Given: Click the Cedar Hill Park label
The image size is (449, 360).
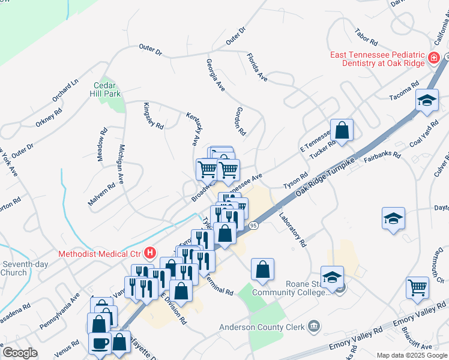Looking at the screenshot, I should click(x=106, y=89).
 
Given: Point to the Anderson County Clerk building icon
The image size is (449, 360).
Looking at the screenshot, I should click(x=313, y=327).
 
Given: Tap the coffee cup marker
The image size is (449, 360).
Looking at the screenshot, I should click(x=100, y=343).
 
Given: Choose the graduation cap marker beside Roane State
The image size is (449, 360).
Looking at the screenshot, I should click(x=332, y=277).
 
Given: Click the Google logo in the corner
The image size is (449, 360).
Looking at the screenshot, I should click(x=20, y=353).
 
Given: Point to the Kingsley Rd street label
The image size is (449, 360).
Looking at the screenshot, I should click(x=153, y=116).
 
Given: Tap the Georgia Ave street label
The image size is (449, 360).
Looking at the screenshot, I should click(x=215, y=75).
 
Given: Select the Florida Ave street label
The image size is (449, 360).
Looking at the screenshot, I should click(x=257, y=67).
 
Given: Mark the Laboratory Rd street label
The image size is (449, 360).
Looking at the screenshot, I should click(x=292, y=229).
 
